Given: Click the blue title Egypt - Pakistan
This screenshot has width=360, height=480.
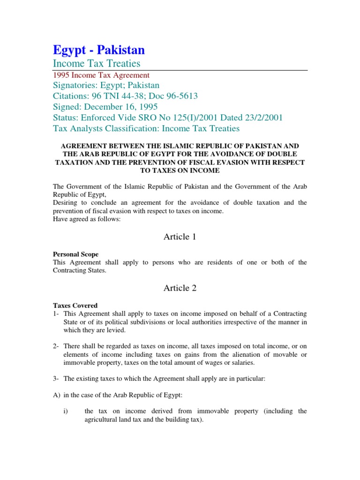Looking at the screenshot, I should tap(99, 50).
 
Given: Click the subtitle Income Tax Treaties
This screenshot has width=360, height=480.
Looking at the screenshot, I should tap(97, 63).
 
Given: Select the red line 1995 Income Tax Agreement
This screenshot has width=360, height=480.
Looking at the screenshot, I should tap(101, 75).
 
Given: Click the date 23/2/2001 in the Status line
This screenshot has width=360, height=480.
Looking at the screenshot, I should tap(262, 118).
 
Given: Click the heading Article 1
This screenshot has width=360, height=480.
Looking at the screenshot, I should tap(180, 237).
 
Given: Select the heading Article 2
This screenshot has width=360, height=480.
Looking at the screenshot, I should tap(180, 288).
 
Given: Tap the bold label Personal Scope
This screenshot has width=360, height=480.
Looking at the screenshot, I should tap(75, 254).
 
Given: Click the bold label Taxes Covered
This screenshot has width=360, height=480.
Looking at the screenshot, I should tap(75, 305).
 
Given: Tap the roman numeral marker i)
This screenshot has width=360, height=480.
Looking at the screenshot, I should tap(66, 411).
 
